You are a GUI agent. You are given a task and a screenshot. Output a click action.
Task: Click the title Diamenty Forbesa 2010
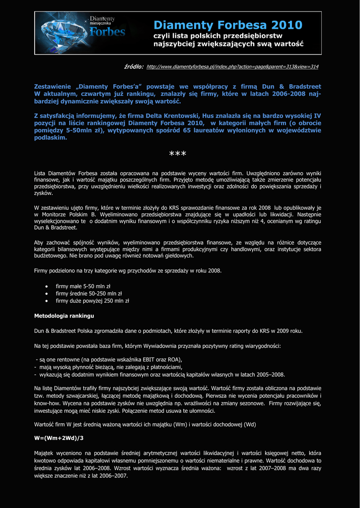tap(227, 25)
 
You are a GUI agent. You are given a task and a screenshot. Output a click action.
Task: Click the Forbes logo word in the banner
tap(107, 32)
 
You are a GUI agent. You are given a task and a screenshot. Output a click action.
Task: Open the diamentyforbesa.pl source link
tap(232, 66)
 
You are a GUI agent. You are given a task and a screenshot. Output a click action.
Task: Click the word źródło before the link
tap(134, 66)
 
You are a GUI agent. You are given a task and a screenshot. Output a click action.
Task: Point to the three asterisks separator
tap(177, 155)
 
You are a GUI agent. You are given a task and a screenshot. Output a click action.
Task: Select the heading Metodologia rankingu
tap(64, 316)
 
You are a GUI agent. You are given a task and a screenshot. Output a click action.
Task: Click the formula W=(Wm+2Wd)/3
tap(59, 438)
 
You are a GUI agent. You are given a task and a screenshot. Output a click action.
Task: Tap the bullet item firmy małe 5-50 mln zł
tap(83, 286)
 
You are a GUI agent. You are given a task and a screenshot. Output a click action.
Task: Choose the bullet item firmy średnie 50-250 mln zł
tap(88, 293)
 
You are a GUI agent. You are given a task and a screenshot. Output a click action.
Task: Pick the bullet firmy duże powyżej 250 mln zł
tap(92, 301)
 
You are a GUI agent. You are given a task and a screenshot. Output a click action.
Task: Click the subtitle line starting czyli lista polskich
tap(217, 36)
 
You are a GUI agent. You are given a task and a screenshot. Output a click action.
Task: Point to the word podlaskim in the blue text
tap(50, 137)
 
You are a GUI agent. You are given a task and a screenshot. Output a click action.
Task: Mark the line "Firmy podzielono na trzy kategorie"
tap(128, 271)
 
